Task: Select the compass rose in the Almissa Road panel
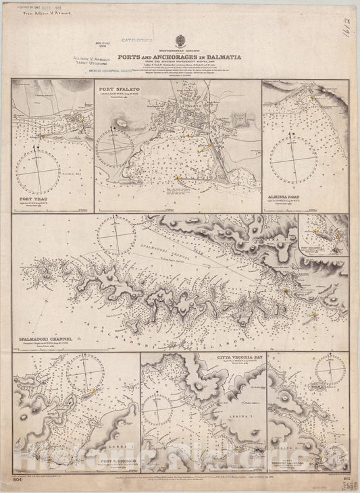293,161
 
